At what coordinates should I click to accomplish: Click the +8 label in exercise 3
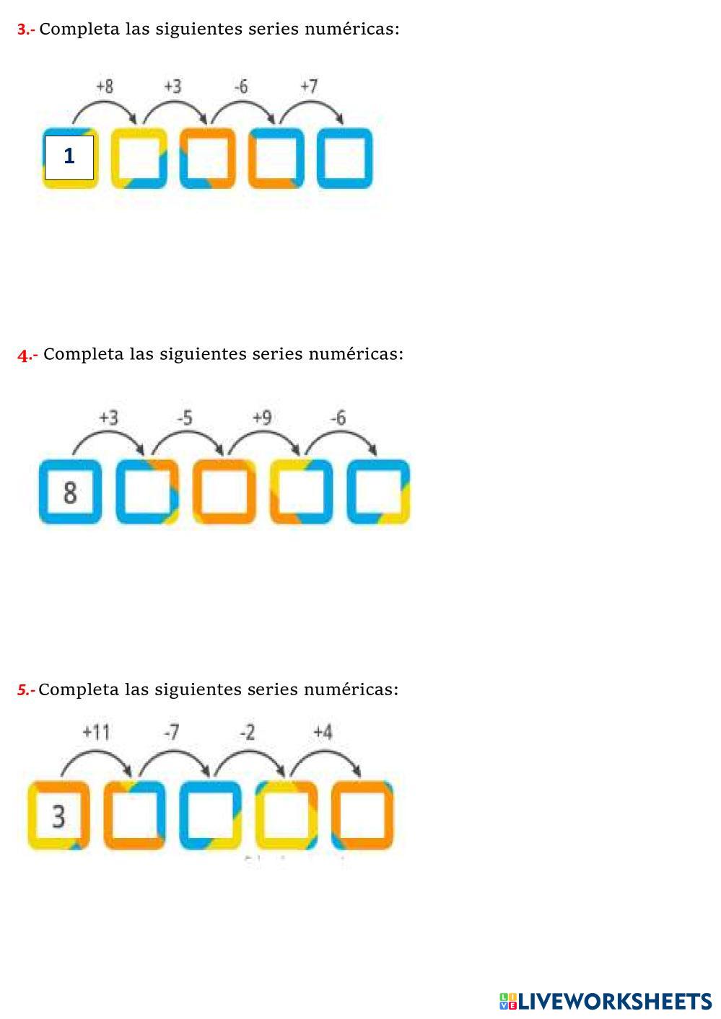pos(105,87)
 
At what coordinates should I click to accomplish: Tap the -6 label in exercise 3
pos(241,87)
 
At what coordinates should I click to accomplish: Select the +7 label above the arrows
pos(309,87)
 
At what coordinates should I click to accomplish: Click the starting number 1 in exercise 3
pos(69,156)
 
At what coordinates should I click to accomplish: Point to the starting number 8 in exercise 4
pos(70,493)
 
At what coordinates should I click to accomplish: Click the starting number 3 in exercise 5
pos(58,816)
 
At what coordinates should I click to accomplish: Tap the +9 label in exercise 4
pos(262,418)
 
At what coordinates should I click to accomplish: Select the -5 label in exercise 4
pos(185,418)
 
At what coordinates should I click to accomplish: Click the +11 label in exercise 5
pos(96,733)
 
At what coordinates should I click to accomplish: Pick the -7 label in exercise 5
pos(171,733)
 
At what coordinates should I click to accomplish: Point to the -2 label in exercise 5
pos(248,733)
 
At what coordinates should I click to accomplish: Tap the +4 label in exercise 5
pos(323,733)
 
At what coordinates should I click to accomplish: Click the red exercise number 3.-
pos(26,30)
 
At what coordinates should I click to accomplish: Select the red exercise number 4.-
pos(27,355)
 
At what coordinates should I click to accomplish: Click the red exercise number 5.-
pos(26,690)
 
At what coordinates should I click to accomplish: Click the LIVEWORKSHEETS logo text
pos(613,1001)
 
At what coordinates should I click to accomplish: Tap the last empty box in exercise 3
pos(344,158)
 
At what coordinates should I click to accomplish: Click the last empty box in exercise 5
pos(362,816)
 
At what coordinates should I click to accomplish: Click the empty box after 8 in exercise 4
pos(147,492)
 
